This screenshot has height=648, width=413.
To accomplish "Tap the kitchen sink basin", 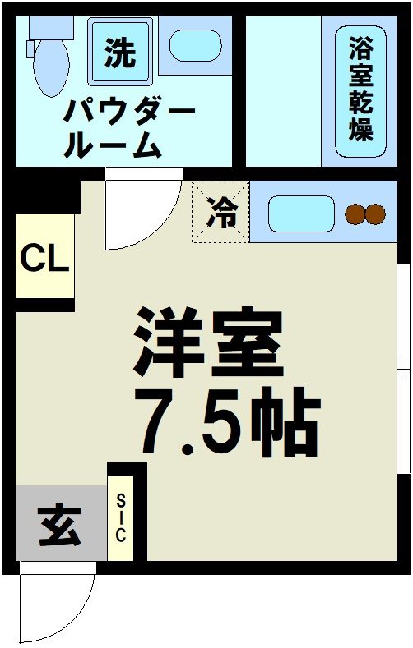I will [x=301, y=214].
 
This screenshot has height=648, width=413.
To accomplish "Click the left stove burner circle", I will [x=355, y=214].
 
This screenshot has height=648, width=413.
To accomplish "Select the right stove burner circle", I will [x=375, y=214].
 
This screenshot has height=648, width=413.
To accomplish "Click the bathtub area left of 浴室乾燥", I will [x=283, y=90].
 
